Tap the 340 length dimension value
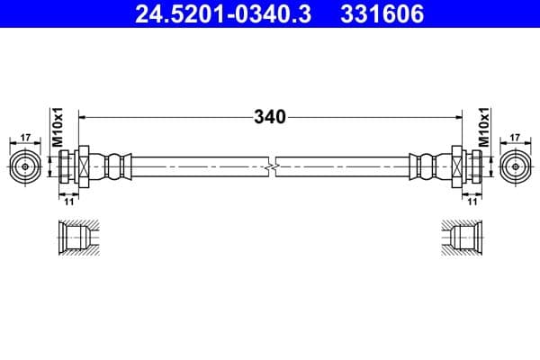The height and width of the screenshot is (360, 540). click(269, 117)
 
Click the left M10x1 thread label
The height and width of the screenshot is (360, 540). click(56, 126)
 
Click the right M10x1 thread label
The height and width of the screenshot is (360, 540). click(483, 126)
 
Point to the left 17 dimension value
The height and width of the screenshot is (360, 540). click(25, 138)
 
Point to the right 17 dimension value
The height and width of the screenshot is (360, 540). click(514, 138)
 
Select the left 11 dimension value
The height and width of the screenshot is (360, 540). click(68, 202)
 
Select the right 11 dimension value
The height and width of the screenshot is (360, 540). click(471, 202)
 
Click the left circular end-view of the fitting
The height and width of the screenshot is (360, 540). click(25, 166)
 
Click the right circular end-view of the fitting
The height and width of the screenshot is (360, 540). click(514, 166)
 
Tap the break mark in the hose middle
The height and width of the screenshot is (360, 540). click(270, 167)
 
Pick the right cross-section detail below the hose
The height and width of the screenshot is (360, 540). click(464, 238)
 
